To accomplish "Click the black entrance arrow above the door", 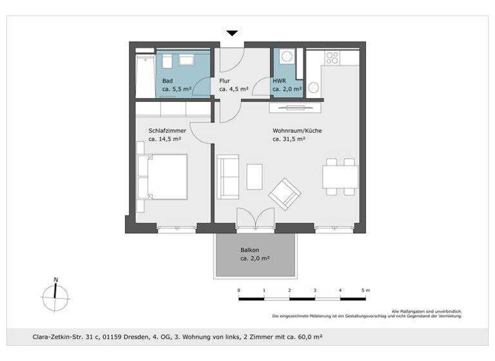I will coord(232,33).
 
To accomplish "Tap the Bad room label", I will coord(167,81).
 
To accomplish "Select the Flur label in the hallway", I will coord(225,81).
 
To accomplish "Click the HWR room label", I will coord(279,81).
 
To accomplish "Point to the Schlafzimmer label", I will coord(167,130).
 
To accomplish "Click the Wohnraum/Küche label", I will coord(297,130).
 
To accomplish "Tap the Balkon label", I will coord(250,249).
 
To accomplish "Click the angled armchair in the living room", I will coord(285,193).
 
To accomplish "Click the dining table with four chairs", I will coord(340,176).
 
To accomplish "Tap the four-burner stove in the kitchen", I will coord(332,57).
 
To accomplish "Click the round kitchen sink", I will coord(315,87).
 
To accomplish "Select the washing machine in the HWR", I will coord(286,57).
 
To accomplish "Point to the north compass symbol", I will coord(56,297).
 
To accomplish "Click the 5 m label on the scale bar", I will coord(365,291).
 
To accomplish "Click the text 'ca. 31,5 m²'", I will coord(288,139).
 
